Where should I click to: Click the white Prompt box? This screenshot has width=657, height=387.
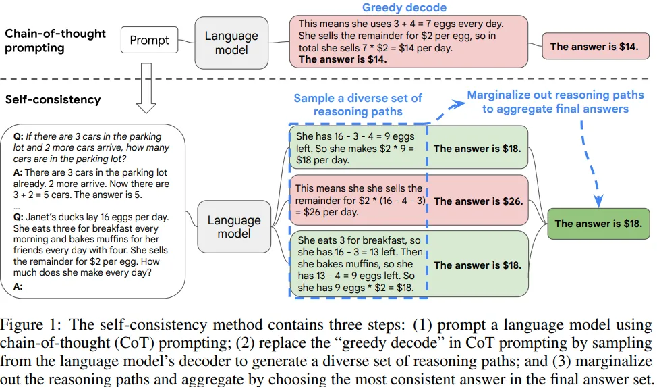(x=149, y=40)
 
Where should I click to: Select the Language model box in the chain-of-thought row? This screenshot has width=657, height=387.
(x=231, y=43)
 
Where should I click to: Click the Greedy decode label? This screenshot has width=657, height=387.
(x=404, y=8)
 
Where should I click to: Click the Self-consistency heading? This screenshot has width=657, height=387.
(x=53, y=99)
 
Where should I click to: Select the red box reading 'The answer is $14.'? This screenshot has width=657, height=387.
(x=594, y=47)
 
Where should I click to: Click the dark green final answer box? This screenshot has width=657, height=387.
(x=598, y=224)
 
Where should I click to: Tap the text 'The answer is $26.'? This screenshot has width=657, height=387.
(x=478, y=201)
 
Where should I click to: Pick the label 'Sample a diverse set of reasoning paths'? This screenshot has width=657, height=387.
(x=358, y=105)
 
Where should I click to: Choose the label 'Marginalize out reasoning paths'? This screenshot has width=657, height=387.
(x=555, y=102)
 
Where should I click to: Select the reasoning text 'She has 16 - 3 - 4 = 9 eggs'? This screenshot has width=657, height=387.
(x=355, y=136)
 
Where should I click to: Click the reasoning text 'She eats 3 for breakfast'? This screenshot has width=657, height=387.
(x=358, y=240)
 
